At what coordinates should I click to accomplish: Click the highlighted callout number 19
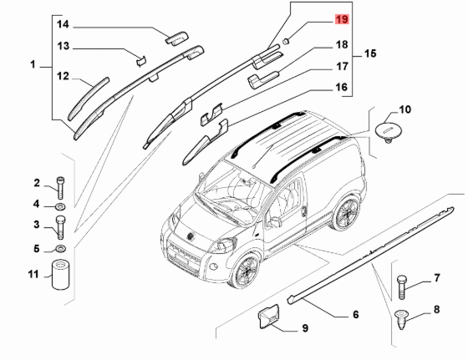[342, 19]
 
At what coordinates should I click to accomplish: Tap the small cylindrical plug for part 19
[286, 41]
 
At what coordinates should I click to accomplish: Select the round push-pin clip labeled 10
[388, 131]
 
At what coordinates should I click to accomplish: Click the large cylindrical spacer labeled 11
[61, 275]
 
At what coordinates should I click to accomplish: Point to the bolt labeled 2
[60, 188]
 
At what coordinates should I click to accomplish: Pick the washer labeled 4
[60, 206]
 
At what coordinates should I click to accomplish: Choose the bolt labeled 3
[60, 227]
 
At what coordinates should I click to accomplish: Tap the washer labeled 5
[61, 248]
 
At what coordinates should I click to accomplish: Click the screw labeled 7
[402, 287]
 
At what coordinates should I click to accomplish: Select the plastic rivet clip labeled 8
[402, 319]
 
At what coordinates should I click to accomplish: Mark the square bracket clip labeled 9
[268, 317]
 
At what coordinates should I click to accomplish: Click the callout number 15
[370, 53]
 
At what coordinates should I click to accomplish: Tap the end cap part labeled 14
[176, 38]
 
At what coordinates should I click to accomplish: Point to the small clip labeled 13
[141, 60]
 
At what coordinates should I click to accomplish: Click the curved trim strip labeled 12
[89, 99]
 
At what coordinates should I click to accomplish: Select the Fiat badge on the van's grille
[190, 236]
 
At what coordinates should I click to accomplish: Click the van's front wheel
[244, 271]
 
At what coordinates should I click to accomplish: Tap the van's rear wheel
[346, 212]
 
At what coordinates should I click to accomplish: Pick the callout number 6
[355, 315]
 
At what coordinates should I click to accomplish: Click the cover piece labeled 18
[262, 79]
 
